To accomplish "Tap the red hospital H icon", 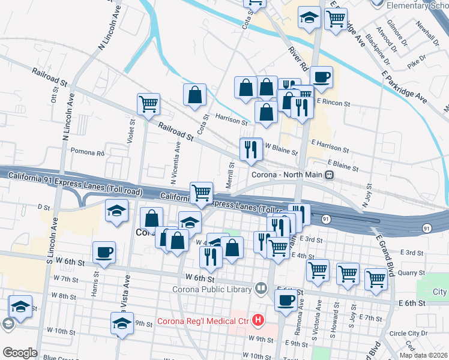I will [258, 320].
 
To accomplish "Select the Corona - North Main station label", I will [289, 175].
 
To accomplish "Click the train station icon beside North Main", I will [329, 175].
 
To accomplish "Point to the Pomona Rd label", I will [87, 152].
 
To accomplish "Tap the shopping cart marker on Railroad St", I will [148, 104].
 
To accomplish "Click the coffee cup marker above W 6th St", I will [104, 252].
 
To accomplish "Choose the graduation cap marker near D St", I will [116, 211].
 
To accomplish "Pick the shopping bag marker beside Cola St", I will [194, 95].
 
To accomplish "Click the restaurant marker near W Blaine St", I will [251, 149].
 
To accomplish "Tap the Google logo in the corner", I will [20, 353].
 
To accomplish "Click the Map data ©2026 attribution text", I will [424, 355].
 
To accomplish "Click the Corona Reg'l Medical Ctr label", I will [203, 321].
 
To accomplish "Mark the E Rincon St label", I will [333, 103].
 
